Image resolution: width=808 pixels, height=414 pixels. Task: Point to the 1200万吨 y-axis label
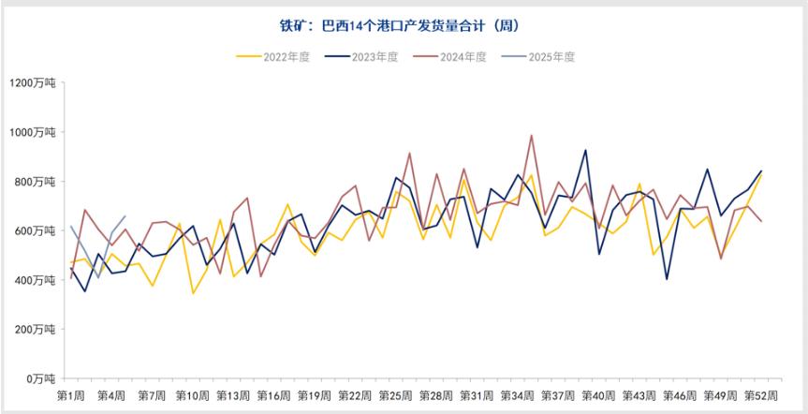tap(33, 83)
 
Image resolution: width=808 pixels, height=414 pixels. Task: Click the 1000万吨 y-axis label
tap(33, 132)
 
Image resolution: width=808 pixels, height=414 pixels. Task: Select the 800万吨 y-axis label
tap(35, 182)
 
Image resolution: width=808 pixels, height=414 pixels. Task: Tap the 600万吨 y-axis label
tap(35, 230)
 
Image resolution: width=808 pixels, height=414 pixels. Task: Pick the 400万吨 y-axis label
tap(35, 280)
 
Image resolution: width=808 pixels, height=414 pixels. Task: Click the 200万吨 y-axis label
tap(35, 329)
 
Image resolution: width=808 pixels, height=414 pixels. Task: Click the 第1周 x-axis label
tap(71, 396)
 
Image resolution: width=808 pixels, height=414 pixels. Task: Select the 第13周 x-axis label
tap(233, 396)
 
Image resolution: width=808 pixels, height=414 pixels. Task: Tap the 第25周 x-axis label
tap(396, 396)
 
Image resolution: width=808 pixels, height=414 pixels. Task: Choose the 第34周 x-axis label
tap(518, 396)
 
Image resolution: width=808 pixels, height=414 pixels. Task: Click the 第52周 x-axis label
tap(761, 396)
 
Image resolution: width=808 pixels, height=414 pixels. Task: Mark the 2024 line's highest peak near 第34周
tap(532, 135)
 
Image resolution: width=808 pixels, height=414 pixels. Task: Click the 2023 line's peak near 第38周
tap(585, 150)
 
